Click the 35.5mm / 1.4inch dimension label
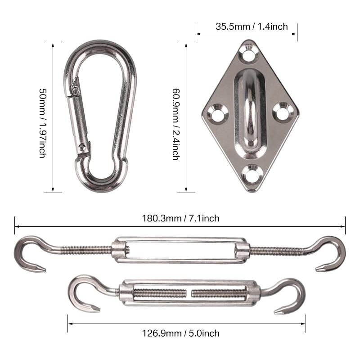point(251,27)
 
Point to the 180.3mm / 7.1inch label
point(180,218)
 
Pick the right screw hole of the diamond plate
point(283,112)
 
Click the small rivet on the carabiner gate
point(81,146)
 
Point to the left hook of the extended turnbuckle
point(29,254)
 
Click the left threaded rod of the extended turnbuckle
point(85,249)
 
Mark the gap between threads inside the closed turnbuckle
point(189,293)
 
